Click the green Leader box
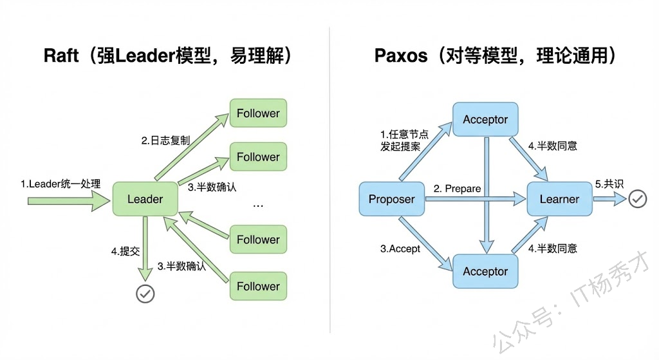[x=145, y=199]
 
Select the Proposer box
[x=391, y=199]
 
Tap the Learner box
[x=559, y=199]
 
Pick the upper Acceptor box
[x=485, y=120]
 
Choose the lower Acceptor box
[x=485, y=271]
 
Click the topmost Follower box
[x=258, y=113]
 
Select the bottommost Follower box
[x=258, y=286]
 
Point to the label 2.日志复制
[x=165, y=140]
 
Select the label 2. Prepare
[x=457, y=189]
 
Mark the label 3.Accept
[x=400, y=249]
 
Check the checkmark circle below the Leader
[x=145, y=294]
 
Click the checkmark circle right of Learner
[x=637, y=199]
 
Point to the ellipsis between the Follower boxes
[x=258, y=205]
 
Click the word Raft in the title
[x=61, y=55]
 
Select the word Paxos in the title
[x=400, y=55]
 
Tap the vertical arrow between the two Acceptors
[x=485, y=193]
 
